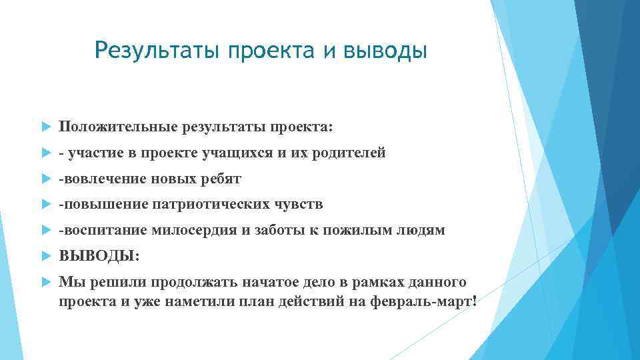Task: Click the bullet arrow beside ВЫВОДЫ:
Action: click(45, 256)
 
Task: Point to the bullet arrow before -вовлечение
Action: click(45, 179)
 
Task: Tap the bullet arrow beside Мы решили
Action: click(45, 282)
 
